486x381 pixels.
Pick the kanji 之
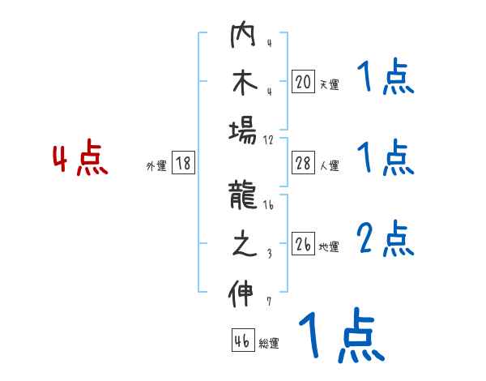242,244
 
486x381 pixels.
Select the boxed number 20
303,82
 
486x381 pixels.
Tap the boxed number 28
303,164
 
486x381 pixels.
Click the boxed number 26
303,244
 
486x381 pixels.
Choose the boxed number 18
183,164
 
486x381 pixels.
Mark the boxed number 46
242,340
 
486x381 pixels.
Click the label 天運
329,83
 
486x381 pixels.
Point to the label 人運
329,165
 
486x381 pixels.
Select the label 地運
329,246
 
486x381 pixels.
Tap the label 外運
156,165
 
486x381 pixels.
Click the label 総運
269,343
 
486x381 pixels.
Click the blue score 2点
386,240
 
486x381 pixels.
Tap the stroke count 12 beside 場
269,139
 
